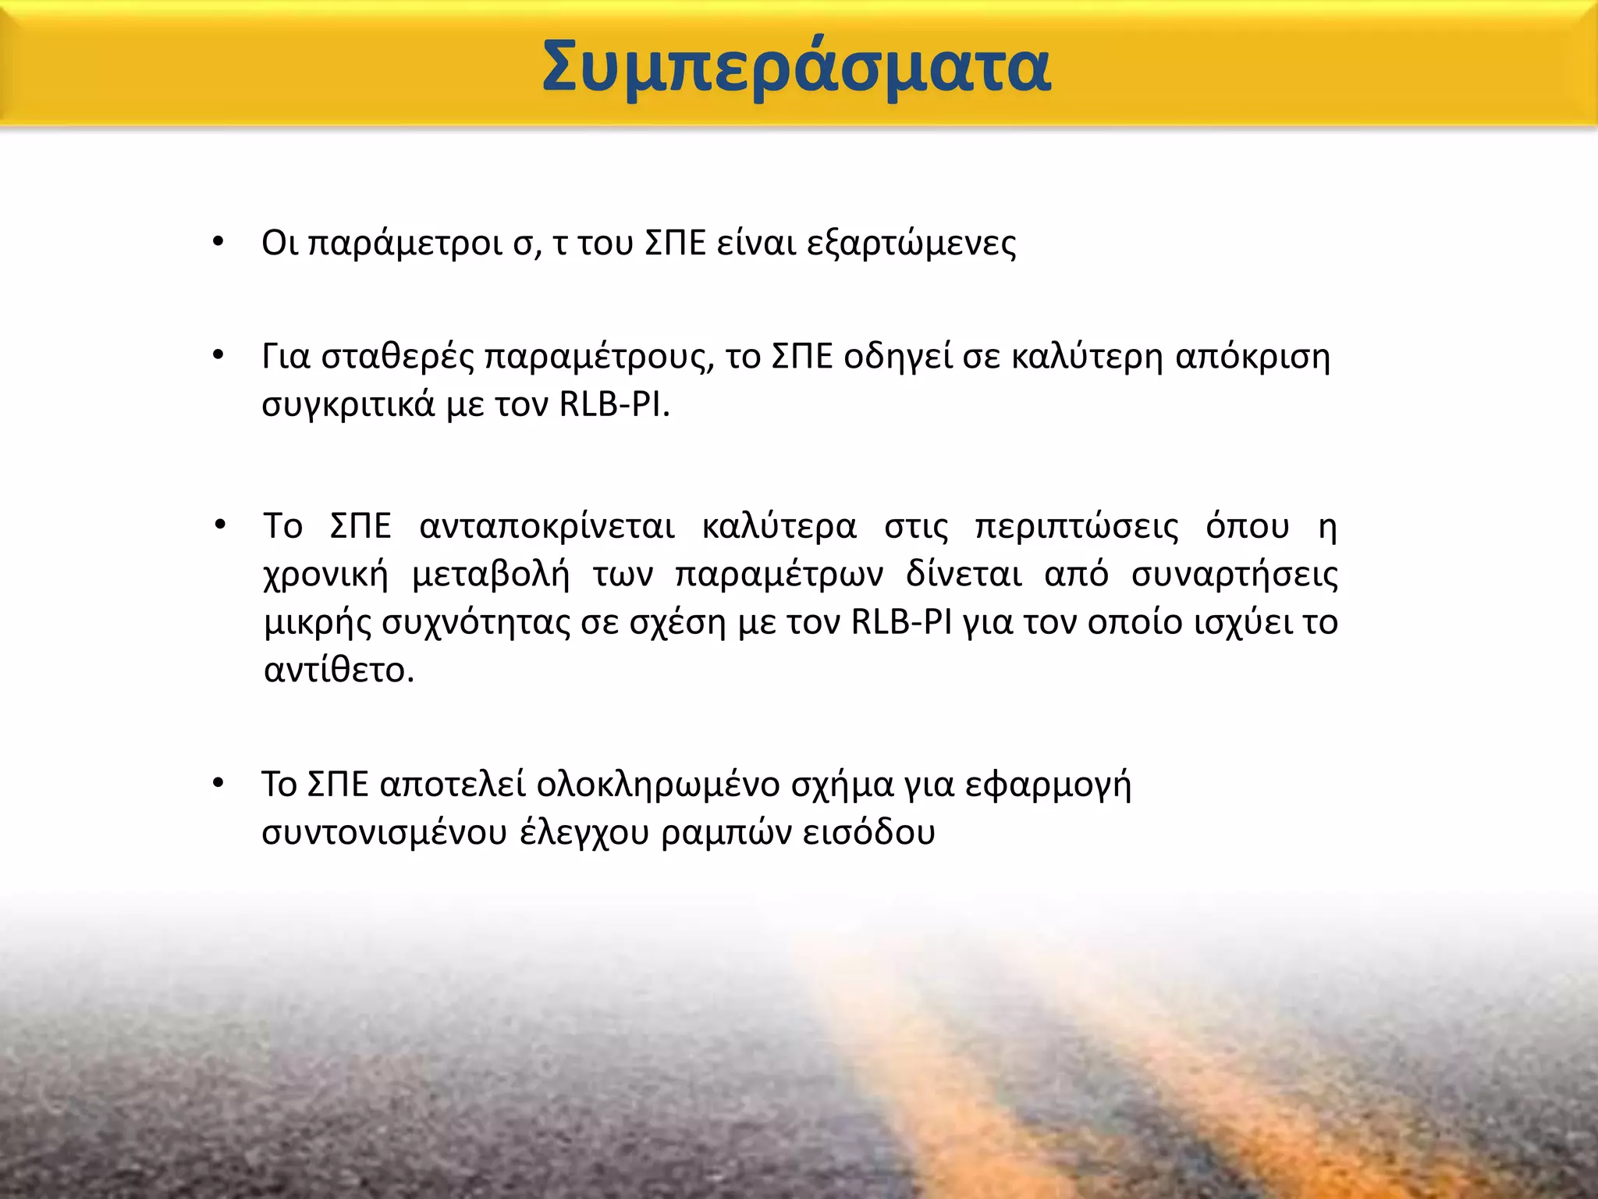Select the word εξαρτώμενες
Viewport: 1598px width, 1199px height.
pos(911,244)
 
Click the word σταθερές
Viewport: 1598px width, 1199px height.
pos(397,358)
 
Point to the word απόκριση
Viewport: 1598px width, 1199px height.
pos(1252,358)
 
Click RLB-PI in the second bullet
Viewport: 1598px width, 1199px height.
pos(613,404)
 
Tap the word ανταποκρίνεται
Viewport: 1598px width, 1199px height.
pos(546,526)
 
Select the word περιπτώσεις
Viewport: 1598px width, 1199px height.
pos(1077,527)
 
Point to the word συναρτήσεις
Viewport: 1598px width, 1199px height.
pos(1234,575)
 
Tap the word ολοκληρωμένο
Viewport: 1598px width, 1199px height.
pos(658,785)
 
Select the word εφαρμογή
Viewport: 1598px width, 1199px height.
pos(1048,785)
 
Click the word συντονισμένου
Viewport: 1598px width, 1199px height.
pos(384,833)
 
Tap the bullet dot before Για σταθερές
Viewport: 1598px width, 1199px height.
pos(218,355)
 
